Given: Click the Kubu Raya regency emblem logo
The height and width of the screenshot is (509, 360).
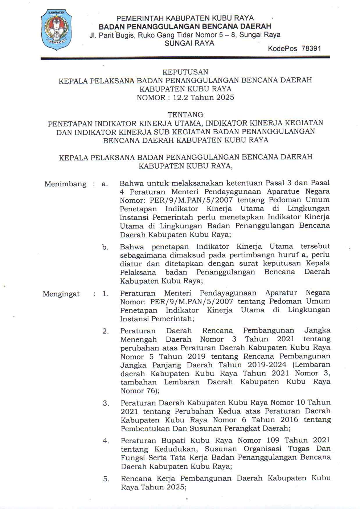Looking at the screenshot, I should click(56, 29).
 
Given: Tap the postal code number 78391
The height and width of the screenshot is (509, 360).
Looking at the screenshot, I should click(311, 49).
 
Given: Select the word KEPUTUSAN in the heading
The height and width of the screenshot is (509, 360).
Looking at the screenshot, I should click(185, 72).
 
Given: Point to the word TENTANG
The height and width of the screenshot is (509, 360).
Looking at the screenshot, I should click(185, 115).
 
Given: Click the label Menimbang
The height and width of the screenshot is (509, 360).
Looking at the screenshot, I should click(65, 184).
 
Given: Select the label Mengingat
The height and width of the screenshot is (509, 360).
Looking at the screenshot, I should click(61, 294).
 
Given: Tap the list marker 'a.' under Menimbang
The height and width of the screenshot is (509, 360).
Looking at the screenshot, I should click(105, 184).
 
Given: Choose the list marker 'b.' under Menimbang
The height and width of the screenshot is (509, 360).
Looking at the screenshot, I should click(105, 247).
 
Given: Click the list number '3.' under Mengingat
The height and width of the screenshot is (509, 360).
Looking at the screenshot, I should click(106, 403).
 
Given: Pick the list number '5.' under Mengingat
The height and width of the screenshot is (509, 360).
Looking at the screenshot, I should click(106, 479).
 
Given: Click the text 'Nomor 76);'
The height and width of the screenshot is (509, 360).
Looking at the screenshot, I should click(140, 391).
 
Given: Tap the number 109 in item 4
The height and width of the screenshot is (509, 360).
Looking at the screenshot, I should click(273, 440).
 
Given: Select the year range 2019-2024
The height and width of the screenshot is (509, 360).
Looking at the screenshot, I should click(267, 365).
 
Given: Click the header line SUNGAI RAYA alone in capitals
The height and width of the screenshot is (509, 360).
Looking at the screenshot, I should click(189, 43).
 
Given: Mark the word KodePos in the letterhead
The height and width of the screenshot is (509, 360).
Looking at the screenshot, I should click(282, 49).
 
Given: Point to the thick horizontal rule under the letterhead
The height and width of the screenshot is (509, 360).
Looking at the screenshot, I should click(185, 57).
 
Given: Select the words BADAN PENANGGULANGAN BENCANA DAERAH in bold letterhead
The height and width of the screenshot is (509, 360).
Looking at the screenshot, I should click(185, 27).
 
